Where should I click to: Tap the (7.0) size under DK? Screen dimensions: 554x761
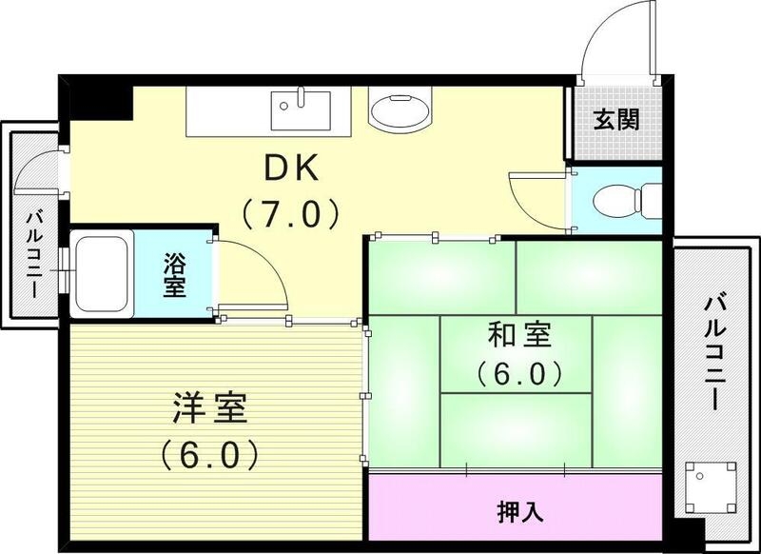(x=292, y=213)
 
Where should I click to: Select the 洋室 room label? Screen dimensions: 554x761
(x=209, y=409)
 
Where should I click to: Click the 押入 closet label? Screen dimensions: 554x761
(x=519, y=511)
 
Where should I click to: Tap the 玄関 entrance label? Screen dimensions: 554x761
(x=616, y=121)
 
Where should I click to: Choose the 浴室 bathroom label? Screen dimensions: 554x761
(x=173, y=274)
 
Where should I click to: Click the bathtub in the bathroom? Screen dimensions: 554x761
(x=103, y=270)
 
